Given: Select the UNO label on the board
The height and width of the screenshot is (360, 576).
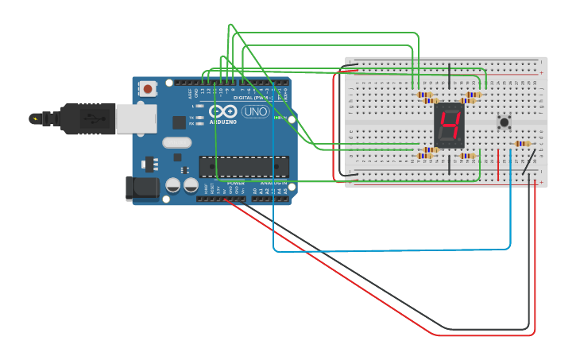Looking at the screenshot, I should click(255, 111).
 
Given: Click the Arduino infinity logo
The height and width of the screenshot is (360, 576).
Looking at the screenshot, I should click(223, 111).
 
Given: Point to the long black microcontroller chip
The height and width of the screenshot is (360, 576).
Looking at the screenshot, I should click(242, 166).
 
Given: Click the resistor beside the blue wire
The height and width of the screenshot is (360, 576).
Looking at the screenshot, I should click(522, 144).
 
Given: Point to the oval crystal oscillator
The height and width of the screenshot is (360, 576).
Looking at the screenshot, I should click(176, 143).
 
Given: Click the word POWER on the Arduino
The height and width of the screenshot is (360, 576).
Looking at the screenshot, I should click(236, 183).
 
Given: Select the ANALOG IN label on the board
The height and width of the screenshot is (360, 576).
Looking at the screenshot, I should click(273, 183).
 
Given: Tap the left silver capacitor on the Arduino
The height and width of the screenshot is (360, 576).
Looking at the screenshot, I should click(173, 185).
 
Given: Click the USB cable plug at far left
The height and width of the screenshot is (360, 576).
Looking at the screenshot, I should click(44, 119).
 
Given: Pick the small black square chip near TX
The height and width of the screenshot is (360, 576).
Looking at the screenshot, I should click(180, 122).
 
